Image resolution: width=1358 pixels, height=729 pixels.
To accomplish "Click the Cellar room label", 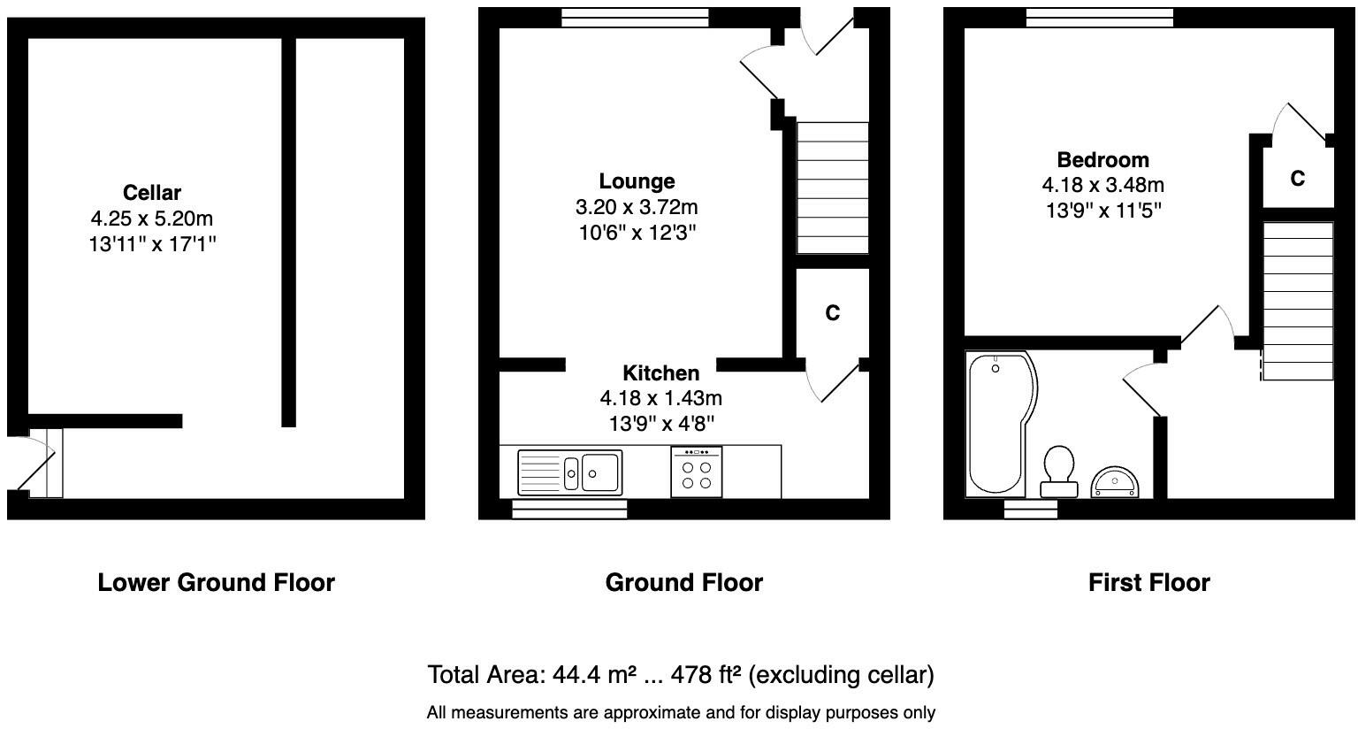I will (x=152, y=193).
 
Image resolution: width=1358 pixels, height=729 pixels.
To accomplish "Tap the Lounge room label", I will (x=637, y=181).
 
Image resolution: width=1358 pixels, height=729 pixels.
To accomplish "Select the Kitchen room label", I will (x=660, y=373).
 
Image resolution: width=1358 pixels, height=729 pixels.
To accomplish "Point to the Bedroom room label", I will (x=1102, y=160).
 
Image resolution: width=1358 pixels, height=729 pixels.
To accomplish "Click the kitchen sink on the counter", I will (x=570, y=472).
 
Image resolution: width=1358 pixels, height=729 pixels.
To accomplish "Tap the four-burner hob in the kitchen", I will (x=697, y=472).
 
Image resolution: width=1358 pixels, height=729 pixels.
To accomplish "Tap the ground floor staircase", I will (x=832, y=188).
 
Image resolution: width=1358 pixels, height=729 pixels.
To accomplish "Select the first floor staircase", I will (x=1297, y=301).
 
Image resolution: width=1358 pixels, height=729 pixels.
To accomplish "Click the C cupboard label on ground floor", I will (x=832, y=313).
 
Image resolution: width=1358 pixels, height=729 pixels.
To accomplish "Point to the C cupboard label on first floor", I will (x=1297, y=179).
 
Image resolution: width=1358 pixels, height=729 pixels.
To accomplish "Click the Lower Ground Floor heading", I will (x=216, y=582).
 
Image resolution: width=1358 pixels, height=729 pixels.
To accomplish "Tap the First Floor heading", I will (x=1148, y=582).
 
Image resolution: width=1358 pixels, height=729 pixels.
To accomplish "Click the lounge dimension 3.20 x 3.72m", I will (x=637, y=207).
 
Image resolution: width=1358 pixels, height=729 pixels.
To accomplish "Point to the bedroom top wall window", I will (x=1099, y=17).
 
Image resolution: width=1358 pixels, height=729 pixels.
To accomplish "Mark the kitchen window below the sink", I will (x=569, y=509).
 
